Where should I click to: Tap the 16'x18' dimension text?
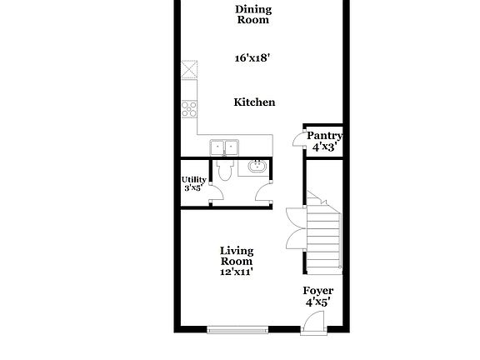(253, 59)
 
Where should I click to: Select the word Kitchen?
(254, 102)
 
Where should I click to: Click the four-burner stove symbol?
(189, 107)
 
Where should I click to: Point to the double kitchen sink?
(224, 147)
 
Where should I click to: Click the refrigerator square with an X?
(189, 68)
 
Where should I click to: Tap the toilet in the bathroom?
(224, 170)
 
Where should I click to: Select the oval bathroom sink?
(257, 167)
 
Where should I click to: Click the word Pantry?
(324, 136)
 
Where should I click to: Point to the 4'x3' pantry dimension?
(324, 147)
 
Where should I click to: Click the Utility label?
(194, 179)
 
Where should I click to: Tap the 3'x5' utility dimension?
(193, 188)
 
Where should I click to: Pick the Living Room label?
(237, 256)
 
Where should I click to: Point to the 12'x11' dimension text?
(237, 271)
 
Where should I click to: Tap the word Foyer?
(317, 291)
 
